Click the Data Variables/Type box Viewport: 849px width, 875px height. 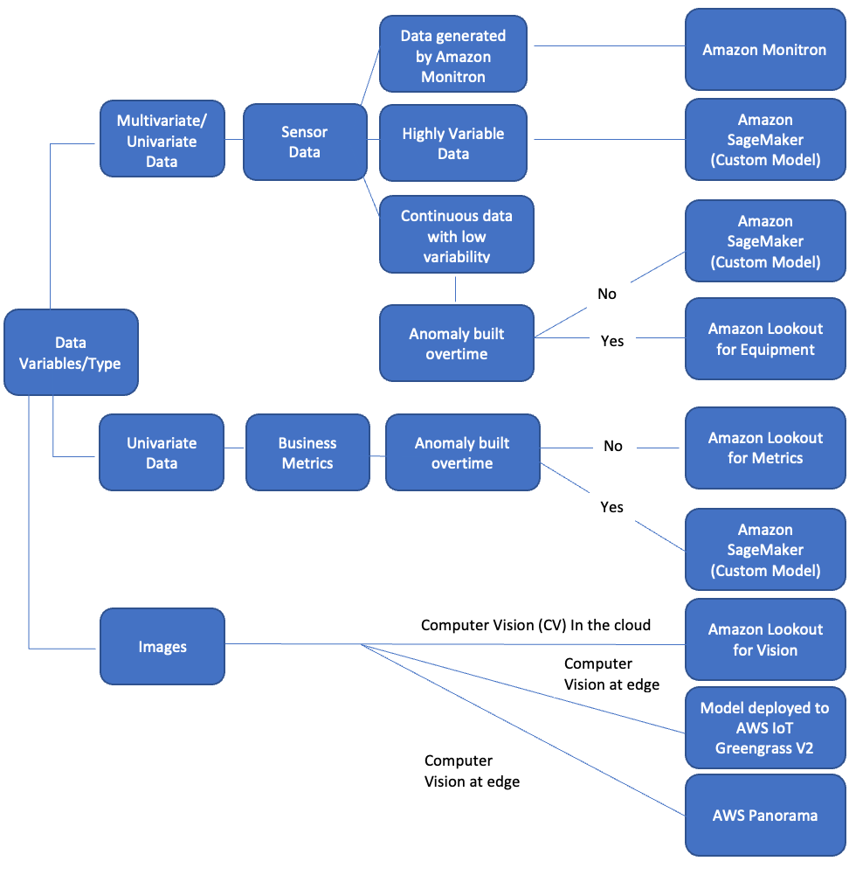71,352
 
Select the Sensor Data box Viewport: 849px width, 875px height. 304,142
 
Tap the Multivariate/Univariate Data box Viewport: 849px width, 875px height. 162,141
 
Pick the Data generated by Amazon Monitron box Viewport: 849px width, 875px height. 452,57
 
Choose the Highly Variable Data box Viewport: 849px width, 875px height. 452,143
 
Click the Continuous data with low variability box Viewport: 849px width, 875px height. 456,235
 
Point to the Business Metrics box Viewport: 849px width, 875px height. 307,453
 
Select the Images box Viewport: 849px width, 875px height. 162,647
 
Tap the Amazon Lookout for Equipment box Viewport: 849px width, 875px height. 765,339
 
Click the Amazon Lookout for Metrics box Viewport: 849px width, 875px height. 765,448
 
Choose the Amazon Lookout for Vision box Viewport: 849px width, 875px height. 765,640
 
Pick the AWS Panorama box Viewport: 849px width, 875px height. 765,815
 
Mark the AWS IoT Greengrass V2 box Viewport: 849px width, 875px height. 765,727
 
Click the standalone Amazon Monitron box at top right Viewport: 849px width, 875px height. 764,49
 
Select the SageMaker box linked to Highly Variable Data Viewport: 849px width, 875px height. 765,140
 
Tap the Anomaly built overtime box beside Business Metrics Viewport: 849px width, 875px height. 462,453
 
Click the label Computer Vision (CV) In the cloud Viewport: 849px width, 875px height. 535,625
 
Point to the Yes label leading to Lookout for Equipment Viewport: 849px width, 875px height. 612,341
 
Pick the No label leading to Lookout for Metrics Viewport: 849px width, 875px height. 613,446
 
